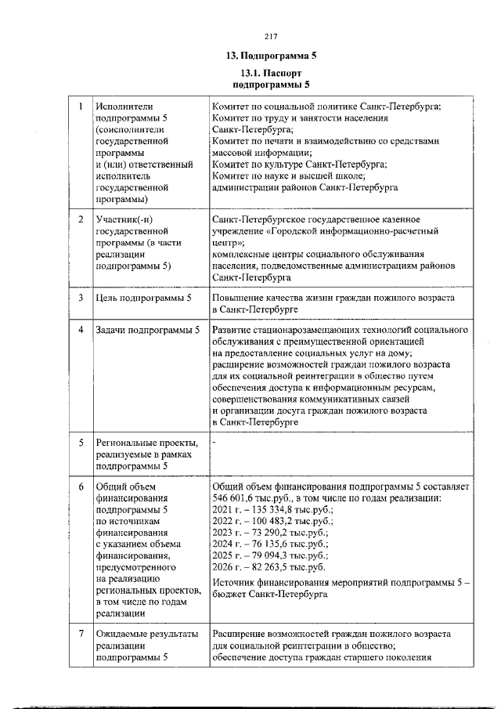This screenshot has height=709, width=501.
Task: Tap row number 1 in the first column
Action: tap(81, 107)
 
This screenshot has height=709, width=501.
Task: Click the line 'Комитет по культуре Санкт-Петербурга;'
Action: tap(299, 165)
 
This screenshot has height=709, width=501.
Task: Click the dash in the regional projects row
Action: tap(214, 443)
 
